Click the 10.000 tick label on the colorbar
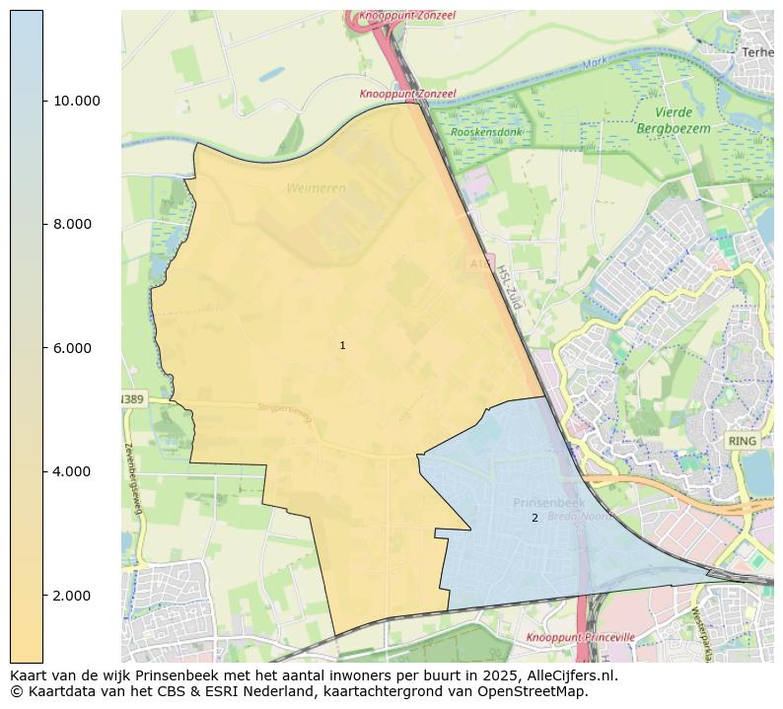coord(76,101)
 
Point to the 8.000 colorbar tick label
coord(72,224)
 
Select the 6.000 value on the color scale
coord(72,348)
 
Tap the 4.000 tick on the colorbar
coord(72,471)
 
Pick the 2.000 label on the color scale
coord(72,596)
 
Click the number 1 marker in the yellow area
coord(342,345)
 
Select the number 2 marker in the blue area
coord(534,518)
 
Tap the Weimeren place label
coord(316,187)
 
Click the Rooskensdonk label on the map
coord(486,132)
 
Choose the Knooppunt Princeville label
coord(580,638)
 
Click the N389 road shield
coord(131,399)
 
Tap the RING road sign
coord(741,441)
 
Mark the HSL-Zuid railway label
coord(508,287)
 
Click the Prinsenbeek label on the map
coord(548,503)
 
